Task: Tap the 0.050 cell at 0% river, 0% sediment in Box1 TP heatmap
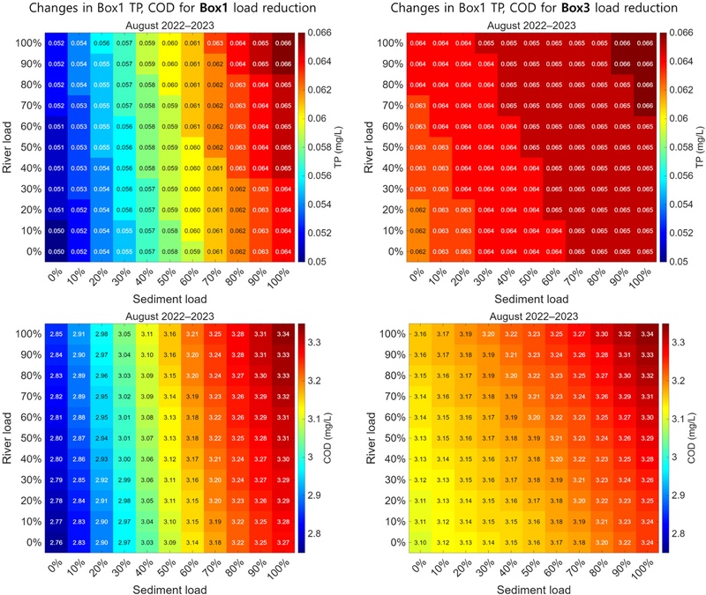[55, 251]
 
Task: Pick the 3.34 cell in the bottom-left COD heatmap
[283, 334]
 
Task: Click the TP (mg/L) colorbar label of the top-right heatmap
[697, 146]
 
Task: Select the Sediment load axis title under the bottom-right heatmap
[534, 585]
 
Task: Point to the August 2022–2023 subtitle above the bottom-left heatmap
[169, 315]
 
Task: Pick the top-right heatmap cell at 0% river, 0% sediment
[420, 251]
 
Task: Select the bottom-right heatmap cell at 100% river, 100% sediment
[649, 334]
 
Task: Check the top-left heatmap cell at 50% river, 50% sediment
[169, 146]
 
